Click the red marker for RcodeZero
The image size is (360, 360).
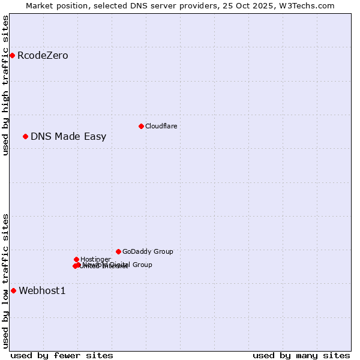[x=12, y=56]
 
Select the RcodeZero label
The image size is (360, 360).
[x=43, y=56]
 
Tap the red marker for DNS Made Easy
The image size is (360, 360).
[x=25, y=137]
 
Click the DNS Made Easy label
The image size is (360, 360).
[x=68, y=137]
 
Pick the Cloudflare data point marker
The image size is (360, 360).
[x=141, y=126]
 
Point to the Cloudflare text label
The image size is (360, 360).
[x=161, y=126]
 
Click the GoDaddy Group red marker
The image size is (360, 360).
[x=118, y=251]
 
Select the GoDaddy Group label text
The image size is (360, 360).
[x=148, y=251]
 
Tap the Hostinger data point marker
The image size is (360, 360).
[x=76, y=259]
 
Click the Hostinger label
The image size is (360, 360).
[x=95, y=259]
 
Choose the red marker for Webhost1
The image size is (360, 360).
[x=13, y=291]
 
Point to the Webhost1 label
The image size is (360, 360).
[x=42, y=291]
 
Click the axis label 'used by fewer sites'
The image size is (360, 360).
[x=62, y=356]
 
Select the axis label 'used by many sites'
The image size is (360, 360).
[x=301, y=356]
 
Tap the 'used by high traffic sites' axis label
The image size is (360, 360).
[x=6, y=85]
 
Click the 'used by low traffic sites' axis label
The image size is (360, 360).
[x=6, y=280]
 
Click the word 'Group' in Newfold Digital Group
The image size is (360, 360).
[x=142, y=265]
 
